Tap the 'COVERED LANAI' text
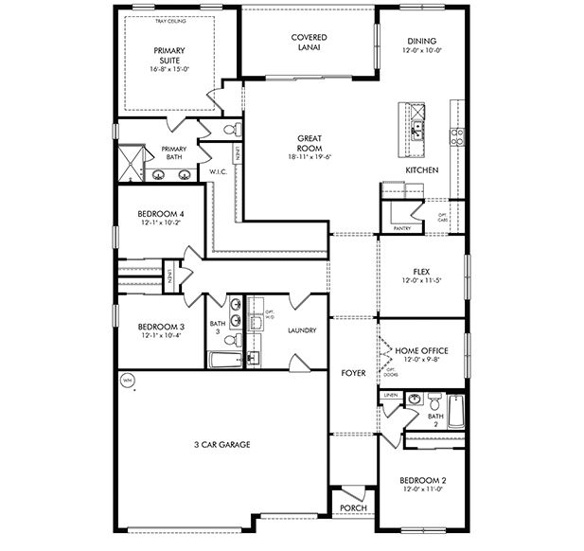308,44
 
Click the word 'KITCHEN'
421,169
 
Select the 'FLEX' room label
421,271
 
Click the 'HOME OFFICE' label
421,350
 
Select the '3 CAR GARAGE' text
221,444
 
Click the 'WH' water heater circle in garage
128,381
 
